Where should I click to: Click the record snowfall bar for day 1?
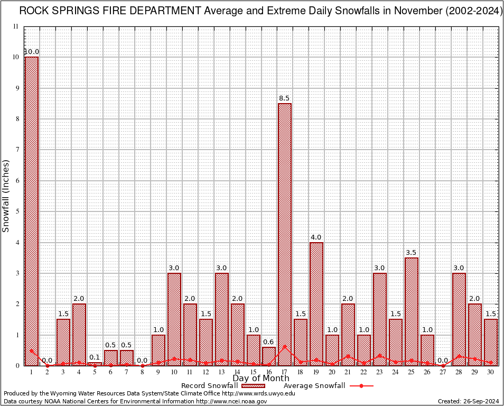[x=32, y=211]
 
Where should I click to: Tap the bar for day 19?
[x=316, y=304]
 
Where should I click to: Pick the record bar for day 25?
[x=412, y=311]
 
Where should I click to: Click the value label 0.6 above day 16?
[x=269, y=341]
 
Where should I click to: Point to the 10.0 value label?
[x=32, y=52]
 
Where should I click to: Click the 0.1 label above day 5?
[x=95, y=357]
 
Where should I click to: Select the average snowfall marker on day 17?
[x=285, y=347]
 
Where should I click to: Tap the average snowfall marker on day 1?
[x=32, y=350]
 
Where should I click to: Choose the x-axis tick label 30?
[x=491, y=372]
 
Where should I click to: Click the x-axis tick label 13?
[x=221, y=372]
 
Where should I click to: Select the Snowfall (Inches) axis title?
[x=6, y=196]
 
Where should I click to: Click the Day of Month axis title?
[x=260, y=379]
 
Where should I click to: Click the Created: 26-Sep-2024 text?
[x=468, y=401]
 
